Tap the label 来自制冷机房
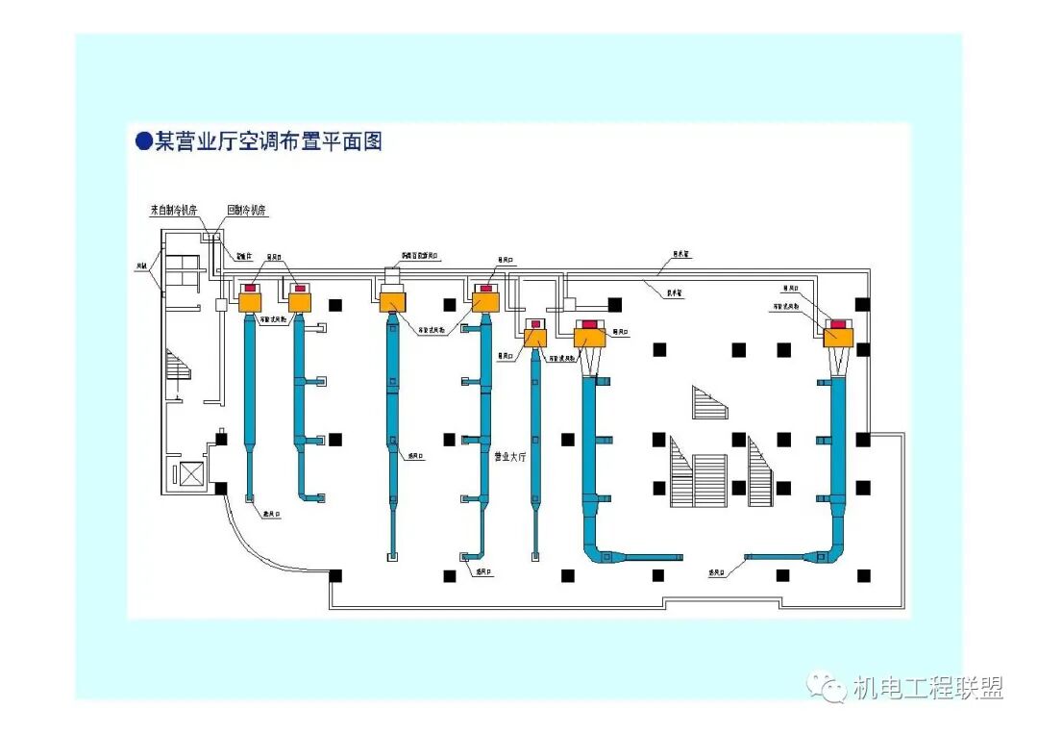point(174,210)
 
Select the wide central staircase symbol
point(710,480)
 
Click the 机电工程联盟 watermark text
point(927,688)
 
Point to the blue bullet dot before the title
point(144,141)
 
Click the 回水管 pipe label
point(681,255)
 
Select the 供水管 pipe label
point(675,293)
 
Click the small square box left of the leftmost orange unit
point(221,304)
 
